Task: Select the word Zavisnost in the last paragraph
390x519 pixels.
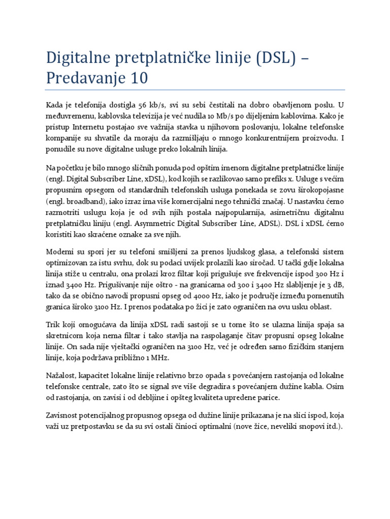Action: [64, 415]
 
